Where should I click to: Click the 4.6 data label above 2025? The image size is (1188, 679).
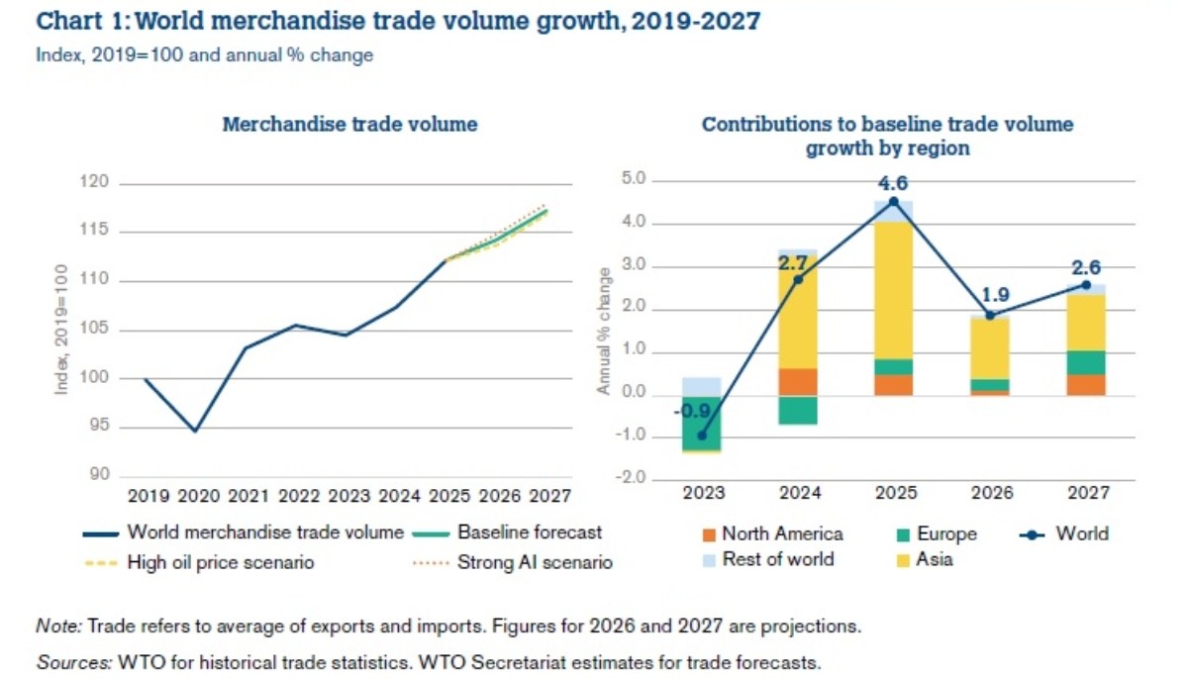coord(893,182)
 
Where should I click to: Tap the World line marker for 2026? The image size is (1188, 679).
coord(990,315)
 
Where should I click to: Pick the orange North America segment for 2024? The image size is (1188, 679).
coord(797,382)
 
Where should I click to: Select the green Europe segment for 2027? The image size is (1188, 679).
coord(1086,362)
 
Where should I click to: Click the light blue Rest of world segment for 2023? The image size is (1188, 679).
coord(701,387)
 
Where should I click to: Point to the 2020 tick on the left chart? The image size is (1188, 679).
coord(195,493)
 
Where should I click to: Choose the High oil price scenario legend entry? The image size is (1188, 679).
coord(221,562)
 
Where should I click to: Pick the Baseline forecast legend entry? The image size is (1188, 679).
coord(529,533)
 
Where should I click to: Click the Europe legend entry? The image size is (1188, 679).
coord(946,533)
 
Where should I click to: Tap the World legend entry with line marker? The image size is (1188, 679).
coord(1081,533)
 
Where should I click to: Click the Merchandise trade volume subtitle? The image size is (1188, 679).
coord(349,125)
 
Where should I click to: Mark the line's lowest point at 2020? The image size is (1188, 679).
coord(195,431)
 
